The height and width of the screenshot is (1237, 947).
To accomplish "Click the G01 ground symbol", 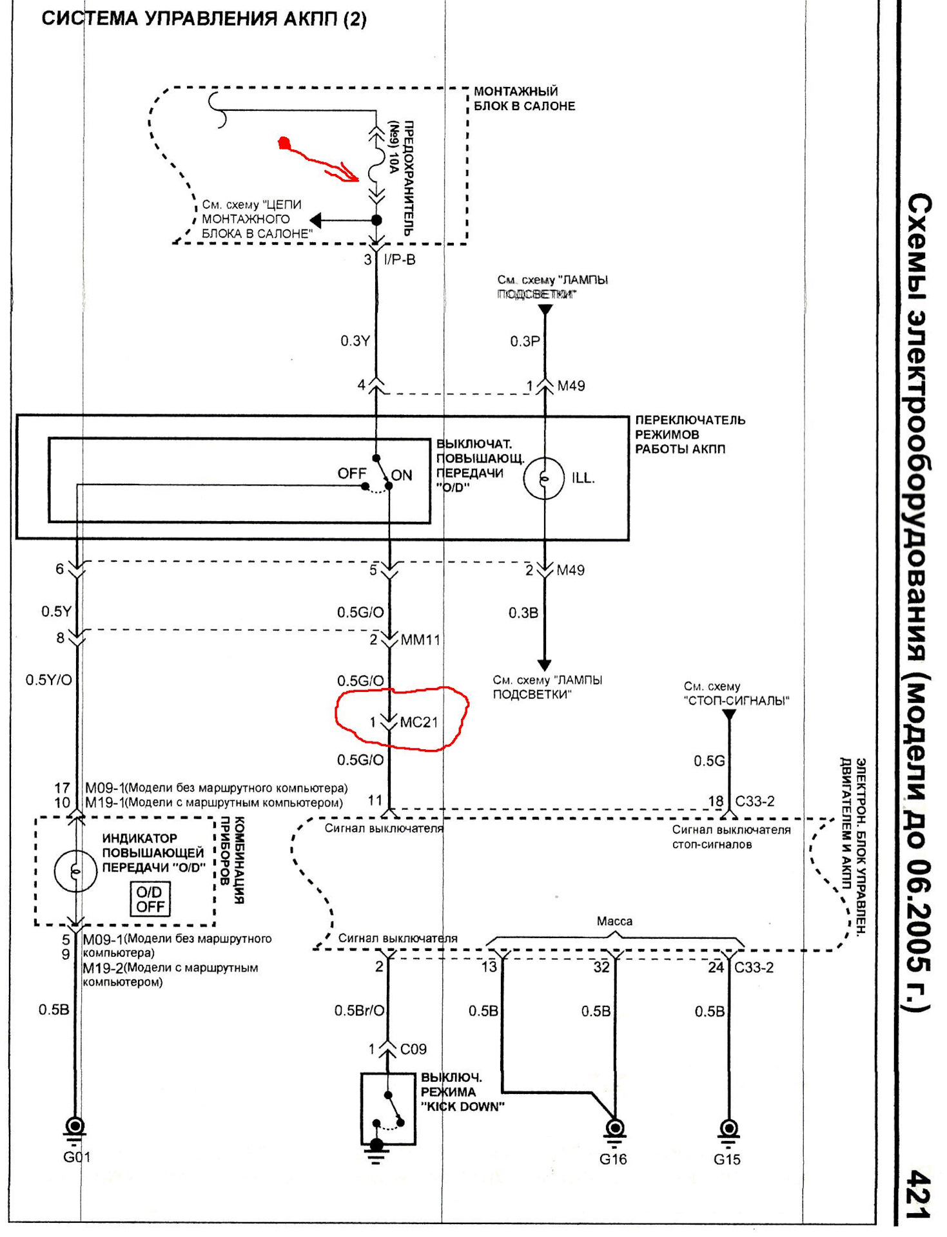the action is click(x=75, y=1127).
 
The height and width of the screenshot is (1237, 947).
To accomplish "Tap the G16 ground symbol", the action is click(x=615, y=1129).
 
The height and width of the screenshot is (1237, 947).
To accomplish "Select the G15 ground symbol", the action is click(x=728, y=1129).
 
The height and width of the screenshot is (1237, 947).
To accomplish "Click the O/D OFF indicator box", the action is click(x=150, y=899).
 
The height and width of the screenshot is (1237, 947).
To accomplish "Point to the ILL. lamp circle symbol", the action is click(x=544, y=479).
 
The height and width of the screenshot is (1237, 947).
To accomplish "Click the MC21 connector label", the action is click(x=419, y=722).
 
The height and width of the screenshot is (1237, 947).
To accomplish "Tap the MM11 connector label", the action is click(x=420, y=640).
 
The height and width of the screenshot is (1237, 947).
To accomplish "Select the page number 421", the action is click(x=919, y=1194).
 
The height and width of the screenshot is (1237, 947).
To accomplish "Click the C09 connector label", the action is click(x=413, y=1049).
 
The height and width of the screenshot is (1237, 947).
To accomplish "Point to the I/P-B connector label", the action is click(x=400, y=260).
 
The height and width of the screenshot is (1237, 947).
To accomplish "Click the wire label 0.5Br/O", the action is click(x=359, y=1011).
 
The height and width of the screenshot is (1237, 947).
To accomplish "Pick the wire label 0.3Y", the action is click(x=355, y=341).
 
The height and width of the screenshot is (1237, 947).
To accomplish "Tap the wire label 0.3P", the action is click(x=525, y=341).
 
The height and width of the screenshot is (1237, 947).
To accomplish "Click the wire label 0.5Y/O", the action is click(x=49, y=680).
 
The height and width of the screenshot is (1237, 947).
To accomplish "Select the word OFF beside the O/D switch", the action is click(x=351, y=474).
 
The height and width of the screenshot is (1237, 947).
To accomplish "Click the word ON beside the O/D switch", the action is click(x=402, y=475).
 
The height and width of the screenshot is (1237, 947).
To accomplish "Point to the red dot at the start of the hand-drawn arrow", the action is click(x=284, y=143).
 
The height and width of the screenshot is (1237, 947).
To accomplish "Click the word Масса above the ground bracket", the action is click(x=614, y=921).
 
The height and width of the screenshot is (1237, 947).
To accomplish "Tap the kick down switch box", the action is click(x=387, y=1109).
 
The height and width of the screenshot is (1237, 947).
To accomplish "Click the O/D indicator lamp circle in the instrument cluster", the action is click(x=76, y=872).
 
